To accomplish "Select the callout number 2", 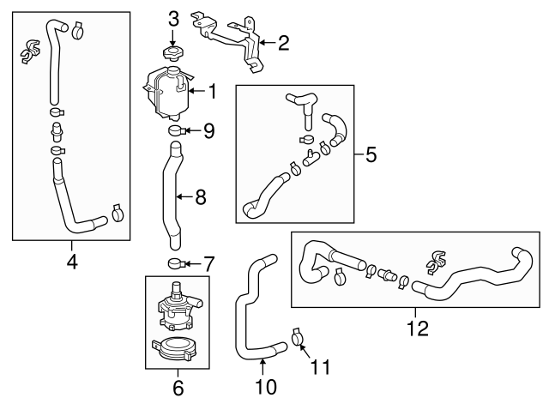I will tap(284, 40).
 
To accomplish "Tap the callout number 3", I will tap(173, 18).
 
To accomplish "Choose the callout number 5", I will tap(371, 154).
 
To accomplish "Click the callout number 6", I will tap(178, 388).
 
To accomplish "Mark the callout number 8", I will tap(201, 197).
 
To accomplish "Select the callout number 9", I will tap(208, 131).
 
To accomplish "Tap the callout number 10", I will tap(266, 388).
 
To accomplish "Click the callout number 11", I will tap(319, 368).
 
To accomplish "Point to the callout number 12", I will tap(416, 327).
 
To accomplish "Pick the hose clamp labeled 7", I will tap(177, 262).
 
